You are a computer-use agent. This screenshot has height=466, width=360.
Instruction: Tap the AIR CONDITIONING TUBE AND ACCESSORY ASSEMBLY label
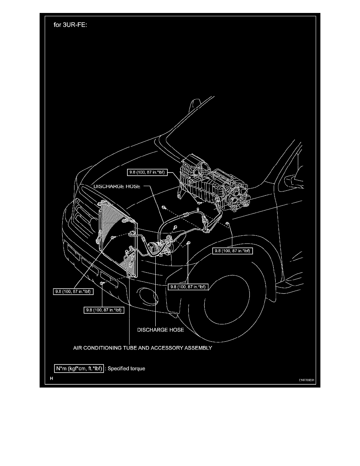point(143,348)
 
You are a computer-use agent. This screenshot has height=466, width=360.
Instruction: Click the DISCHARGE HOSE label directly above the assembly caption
point(160,330)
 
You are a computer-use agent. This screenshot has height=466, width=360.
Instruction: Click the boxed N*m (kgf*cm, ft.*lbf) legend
point(78,369)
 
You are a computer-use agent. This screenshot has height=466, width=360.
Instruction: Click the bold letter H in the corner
point(51,379)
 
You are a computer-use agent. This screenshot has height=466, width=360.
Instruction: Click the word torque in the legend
point(138,369)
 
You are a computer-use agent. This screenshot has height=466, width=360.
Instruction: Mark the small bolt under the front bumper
point(102,283)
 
